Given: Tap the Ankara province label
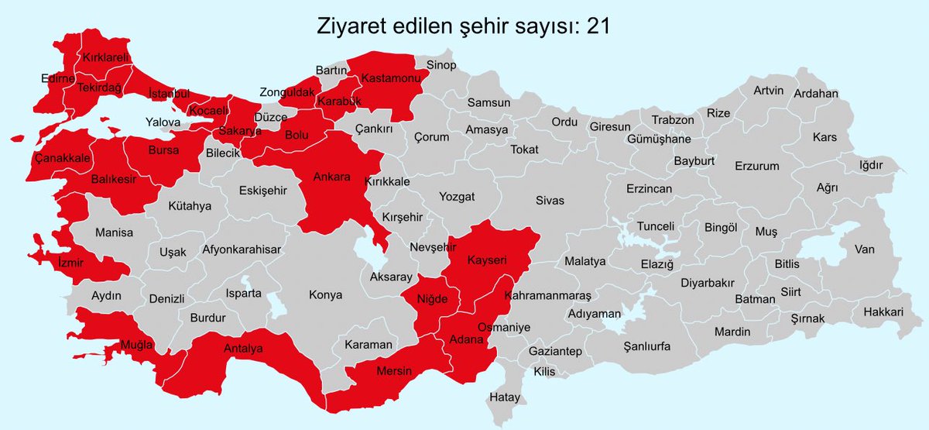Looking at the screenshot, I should coord(331,177).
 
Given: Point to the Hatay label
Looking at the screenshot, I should coord(505,397).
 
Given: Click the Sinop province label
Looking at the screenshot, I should coord(439,65).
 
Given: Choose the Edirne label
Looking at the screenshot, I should coord(58,78).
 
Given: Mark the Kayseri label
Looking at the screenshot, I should coord(486,261).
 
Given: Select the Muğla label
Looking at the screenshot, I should coord(136,344).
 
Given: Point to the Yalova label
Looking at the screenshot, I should coord(163,122).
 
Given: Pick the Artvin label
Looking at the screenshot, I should coord(769,90).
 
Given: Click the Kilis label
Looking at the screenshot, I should coord(544,372).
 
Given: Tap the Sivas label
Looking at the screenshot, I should coord(550,201).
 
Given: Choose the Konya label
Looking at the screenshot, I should coord(325,295).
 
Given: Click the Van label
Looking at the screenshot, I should coord(864,249).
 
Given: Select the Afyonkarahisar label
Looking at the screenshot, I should coord(241,249).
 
